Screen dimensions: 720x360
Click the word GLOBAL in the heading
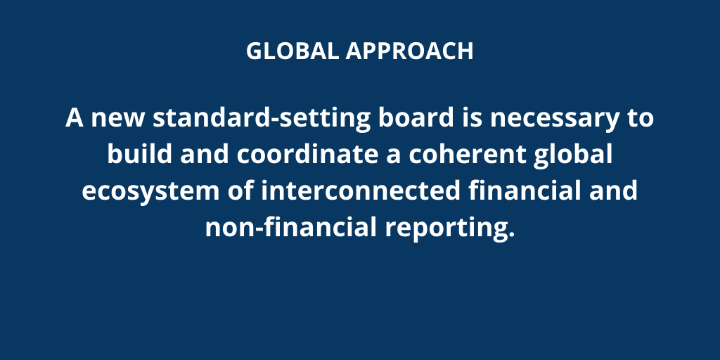pos(293,51)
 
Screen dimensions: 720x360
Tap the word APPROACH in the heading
pos(409,51)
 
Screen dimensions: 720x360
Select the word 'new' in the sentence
pos(117,118)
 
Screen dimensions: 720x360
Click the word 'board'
pos(416,117)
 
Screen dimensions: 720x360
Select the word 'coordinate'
pos(308,154)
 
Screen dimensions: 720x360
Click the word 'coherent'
pos(467,154)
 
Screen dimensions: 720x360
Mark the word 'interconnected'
pos(361,190)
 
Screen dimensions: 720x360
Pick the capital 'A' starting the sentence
pos(75,117)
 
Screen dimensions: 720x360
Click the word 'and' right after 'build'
pos(205,154)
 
